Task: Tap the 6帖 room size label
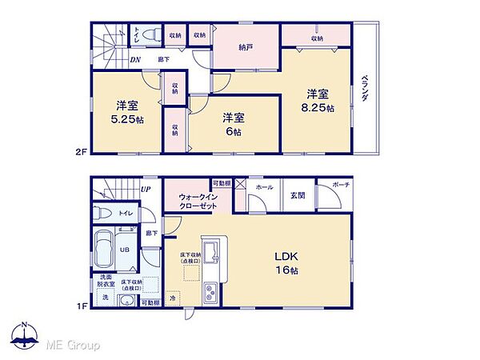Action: coord(233,131)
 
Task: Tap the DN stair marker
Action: coord(135,59)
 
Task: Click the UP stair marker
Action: coord(146,190)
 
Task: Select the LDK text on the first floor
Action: coord(287,257)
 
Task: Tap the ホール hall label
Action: coord(262,187)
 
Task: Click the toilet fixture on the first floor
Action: coord(101,214)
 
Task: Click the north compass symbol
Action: coord(25,335)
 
